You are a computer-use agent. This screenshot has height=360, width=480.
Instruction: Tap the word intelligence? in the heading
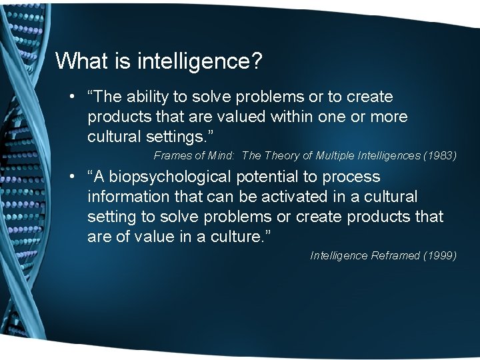point(200,62)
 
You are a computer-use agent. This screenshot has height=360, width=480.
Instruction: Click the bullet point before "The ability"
point(71,97)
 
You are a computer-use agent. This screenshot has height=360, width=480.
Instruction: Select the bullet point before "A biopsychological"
point(71,177)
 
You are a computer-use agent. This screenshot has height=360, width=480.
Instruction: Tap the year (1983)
point(440,156)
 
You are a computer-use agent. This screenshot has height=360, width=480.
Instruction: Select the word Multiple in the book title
point(339,156)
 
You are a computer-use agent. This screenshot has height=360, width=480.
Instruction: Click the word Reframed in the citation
point(396,256)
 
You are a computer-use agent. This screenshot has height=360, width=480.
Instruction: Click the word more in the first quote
point(388,117)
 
